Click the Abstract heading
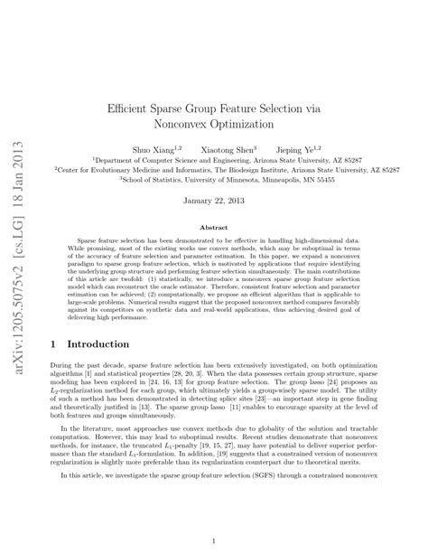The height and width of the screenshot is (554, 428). point(214,230)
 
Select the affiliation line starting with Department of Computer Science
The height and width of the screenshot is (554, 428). point(215,156)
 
